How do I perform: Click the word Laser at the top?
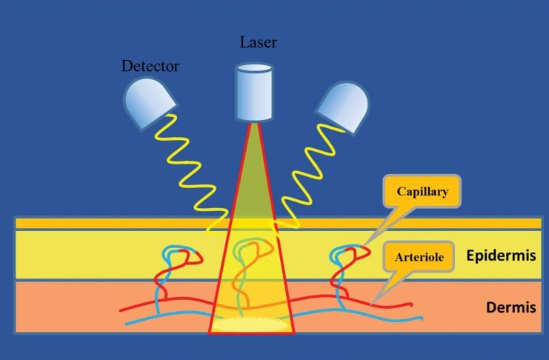click(257, 42)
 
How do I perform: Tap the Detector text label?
click(150, 67)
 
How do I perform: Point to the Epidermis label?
click(501, 256)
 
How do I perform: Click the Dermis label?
click(511, 306)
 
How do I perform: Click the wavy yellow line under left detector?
click(194, 170)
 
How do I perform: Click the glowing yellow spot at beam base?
click(252, 323)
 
